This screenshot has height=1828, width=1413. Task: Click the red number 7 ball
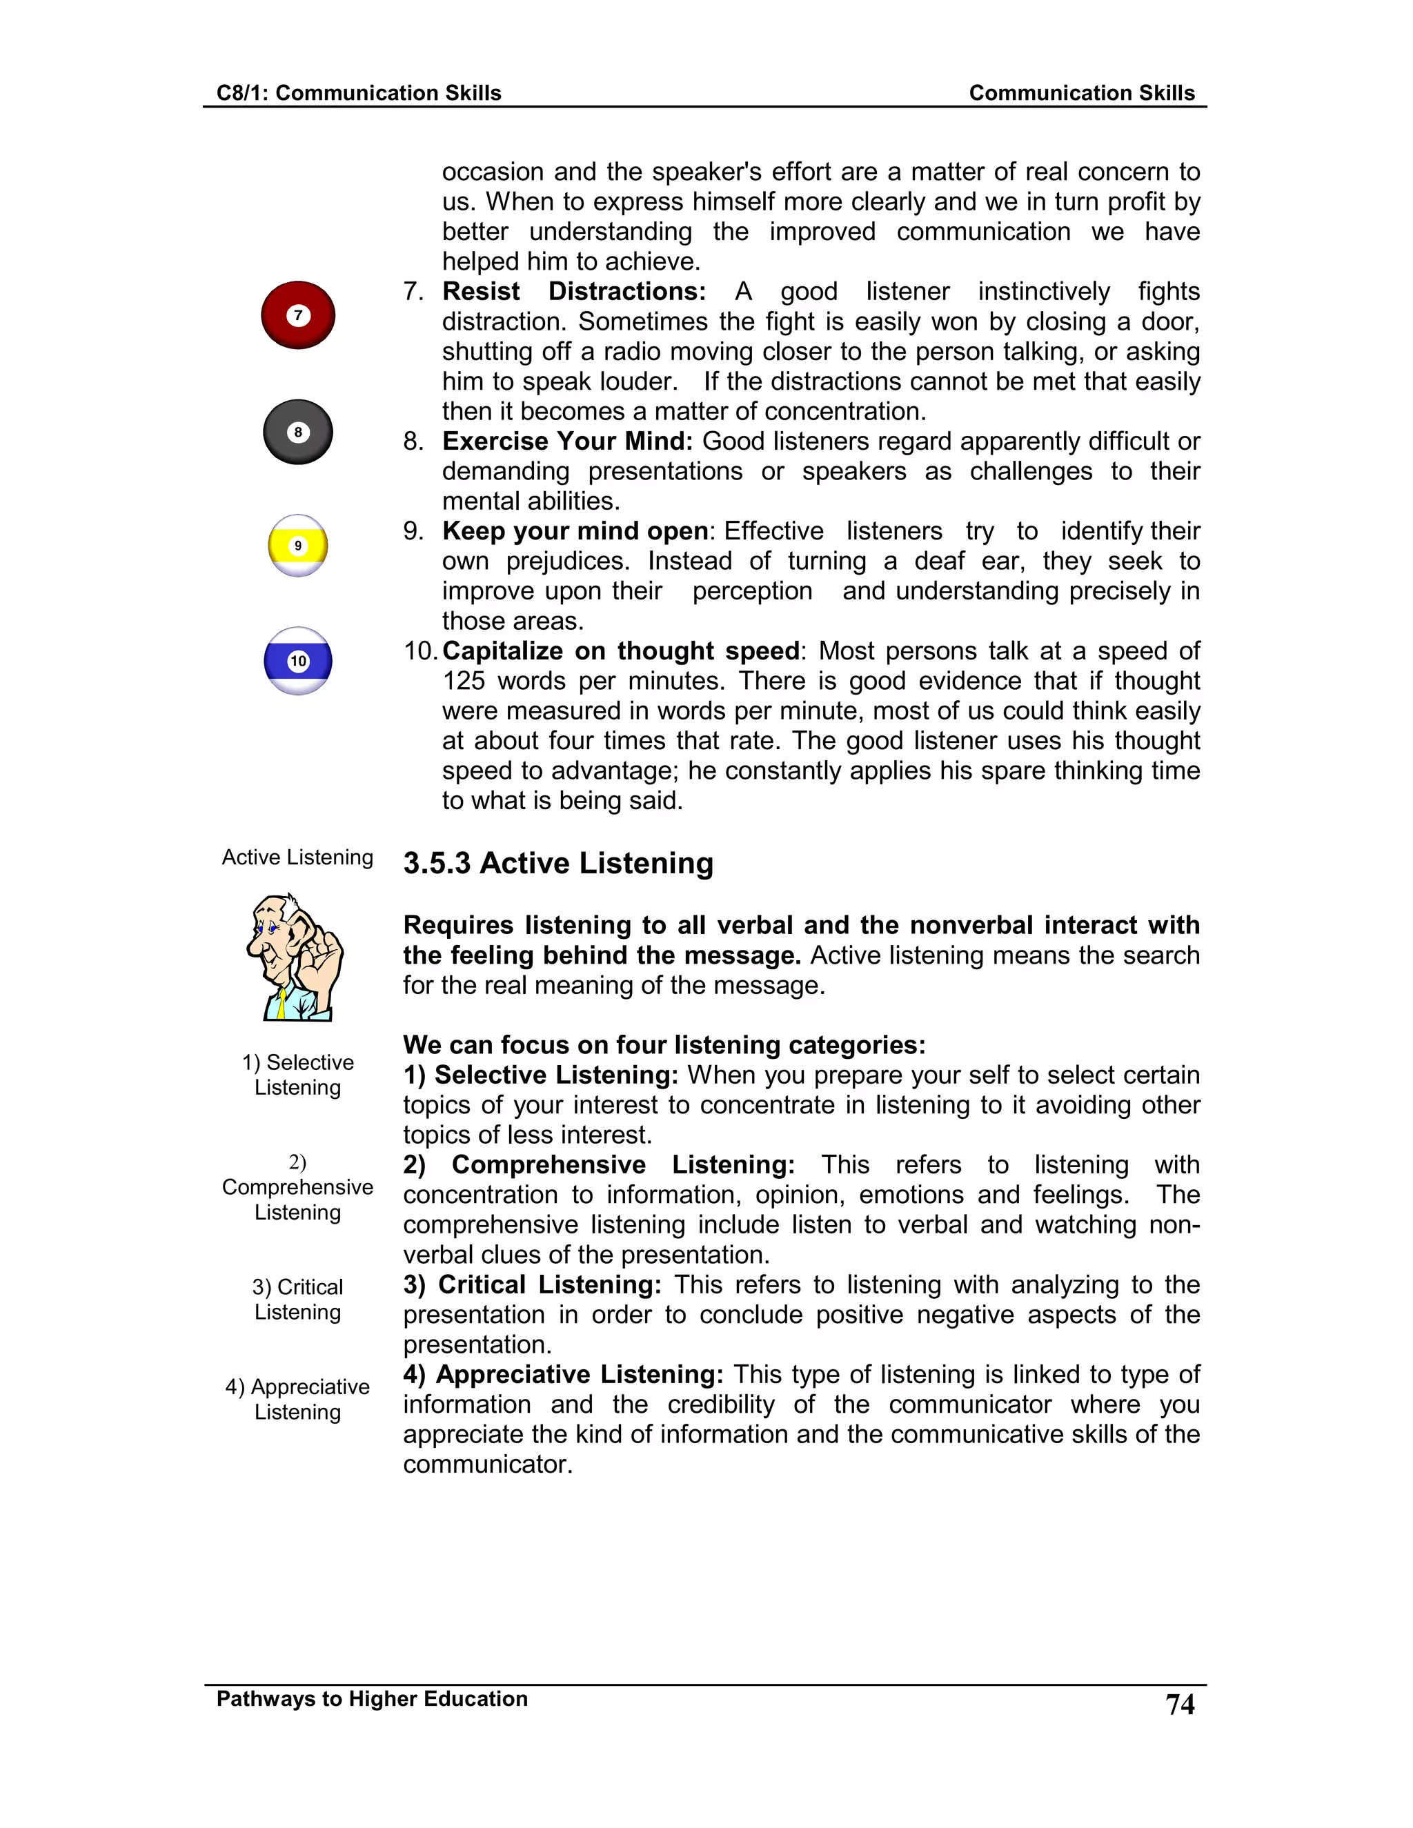pyautogui.click(x=298, y=315)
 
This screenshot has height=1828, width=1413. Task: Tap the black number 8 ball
pyautogui.click(x=298, y=432)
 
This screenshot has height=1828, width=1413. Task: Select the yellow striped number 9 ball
pyautogui.click(x=298, y=546)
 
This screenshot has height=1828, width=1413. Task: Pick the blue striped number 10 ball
pyautogui.click(x=298, y=660)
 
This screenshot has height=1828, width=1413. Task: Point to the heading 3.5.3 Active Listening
pyautogui.click(x=558, y=863)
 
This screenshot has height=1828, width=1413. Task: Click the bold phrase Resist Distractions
pyautogui.click(x=573, y=291)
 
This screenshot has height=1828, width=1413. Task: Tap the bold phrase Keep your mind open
pyautogui.click(x=575, y=530)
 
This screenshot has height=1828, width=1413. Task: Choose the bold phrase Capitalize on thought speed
pyautogui.click(x=620, y=650)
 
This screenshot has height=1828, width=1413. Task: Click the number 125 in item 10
pyautogui.click(x=464, y=680)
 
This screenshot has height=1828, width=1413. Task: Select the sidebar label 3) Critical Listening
pyautogui.click(x=298, y=1299)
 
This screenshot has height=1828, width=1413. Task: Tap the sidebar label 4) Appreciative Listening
pyautogui.click(x=298, y=1399)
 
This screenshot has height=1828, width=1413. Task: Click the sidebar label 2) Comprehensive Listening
pyautogui.click(x=298, y=1187)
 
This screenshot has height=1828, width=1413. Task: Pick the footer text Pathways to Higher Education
pyautogui.click(x=372, y=1698)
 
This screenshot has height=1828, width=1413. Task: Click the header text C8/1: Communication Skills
pyautogui.click(x=358, y=93)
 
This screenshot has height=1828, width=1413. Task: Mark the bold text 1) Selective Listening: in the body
pyautogui.click(x=540, y=1075)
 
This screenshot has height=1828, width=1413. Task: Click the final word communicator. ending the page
pyautogui.click(x=487, y=1464)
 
